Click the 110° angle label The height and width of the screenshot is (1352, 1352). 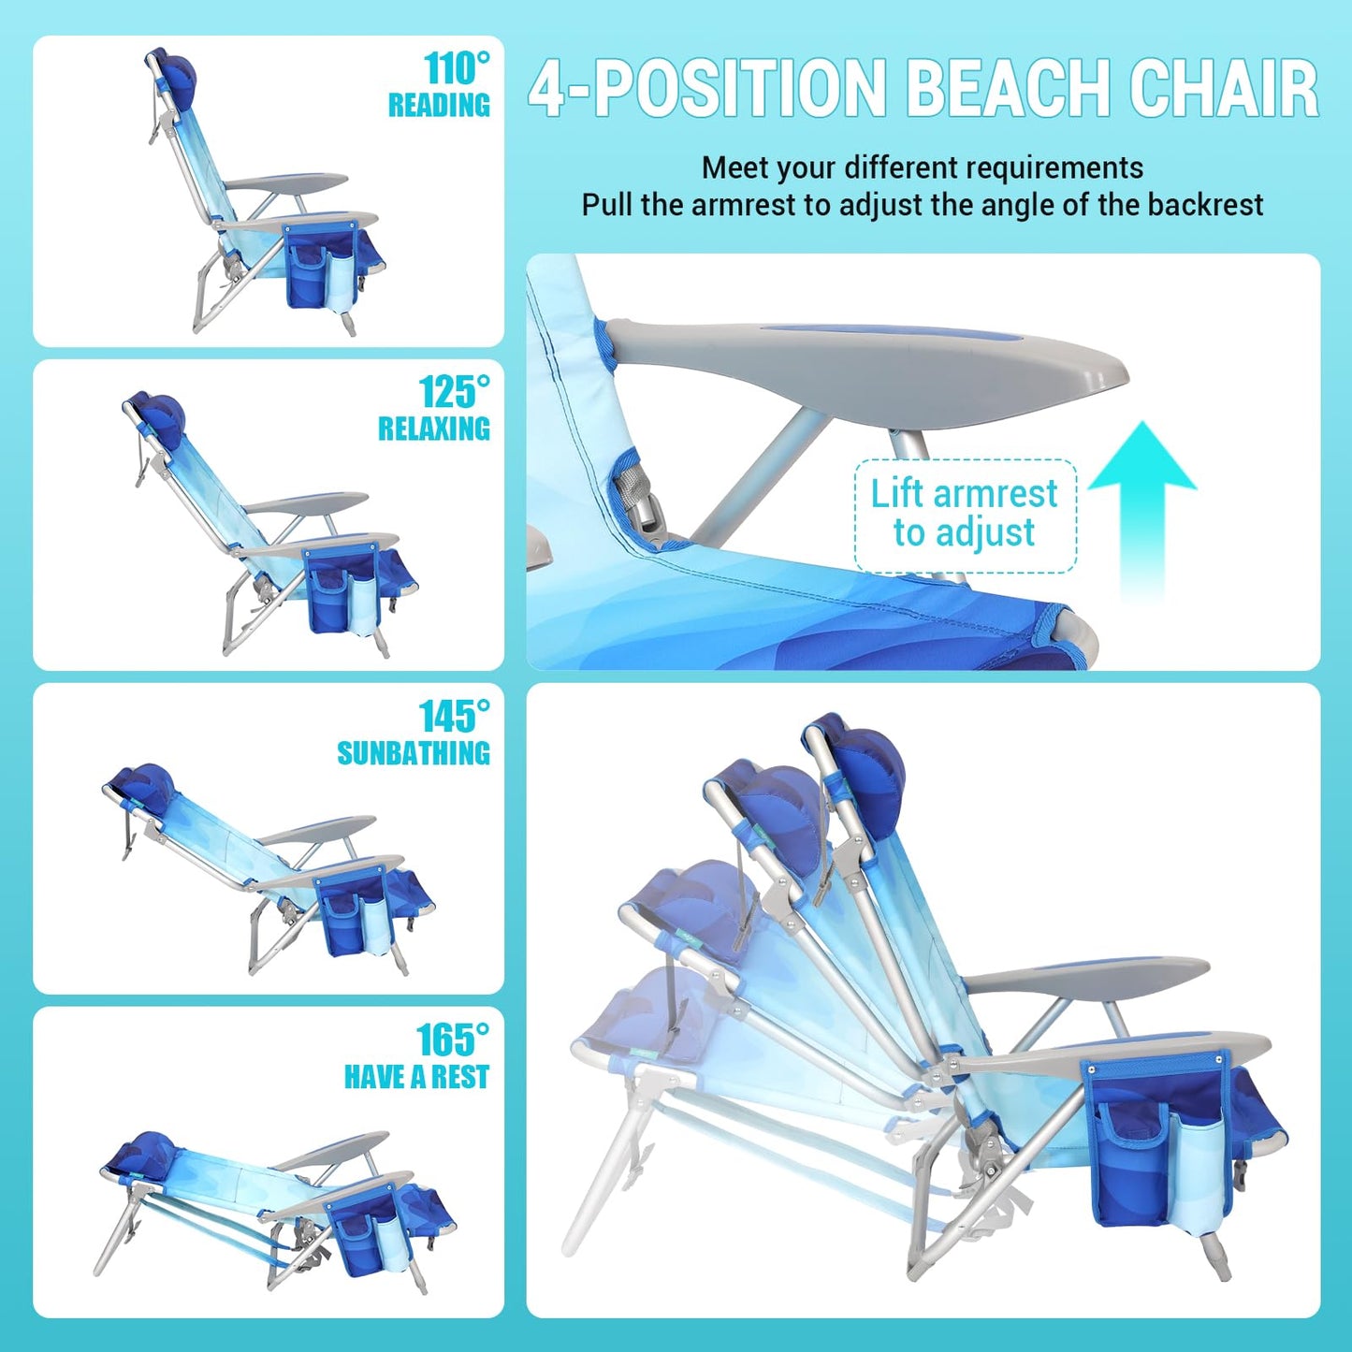click(456, 68)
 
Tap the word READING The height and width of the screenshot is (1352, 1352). click(439, 105)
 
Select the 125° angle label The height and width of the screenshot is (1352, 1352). click(454, 392)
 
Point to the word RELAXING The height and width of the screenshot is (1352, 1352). click(434, 429)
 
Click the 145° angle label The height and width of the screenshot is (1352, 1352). click(454, 717)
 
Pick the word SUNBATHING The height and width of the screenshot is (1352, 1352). click(414, 753)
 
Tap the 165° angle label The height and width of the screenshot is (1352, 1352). click(453, 1039)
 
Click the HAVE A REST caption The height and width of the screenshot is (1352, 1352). click(416, 1077)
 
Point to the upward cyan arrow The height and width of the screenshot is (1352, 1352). click(1142, 505)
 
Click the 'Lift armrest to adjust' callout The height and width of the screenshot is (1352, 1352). click(965, 514)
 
